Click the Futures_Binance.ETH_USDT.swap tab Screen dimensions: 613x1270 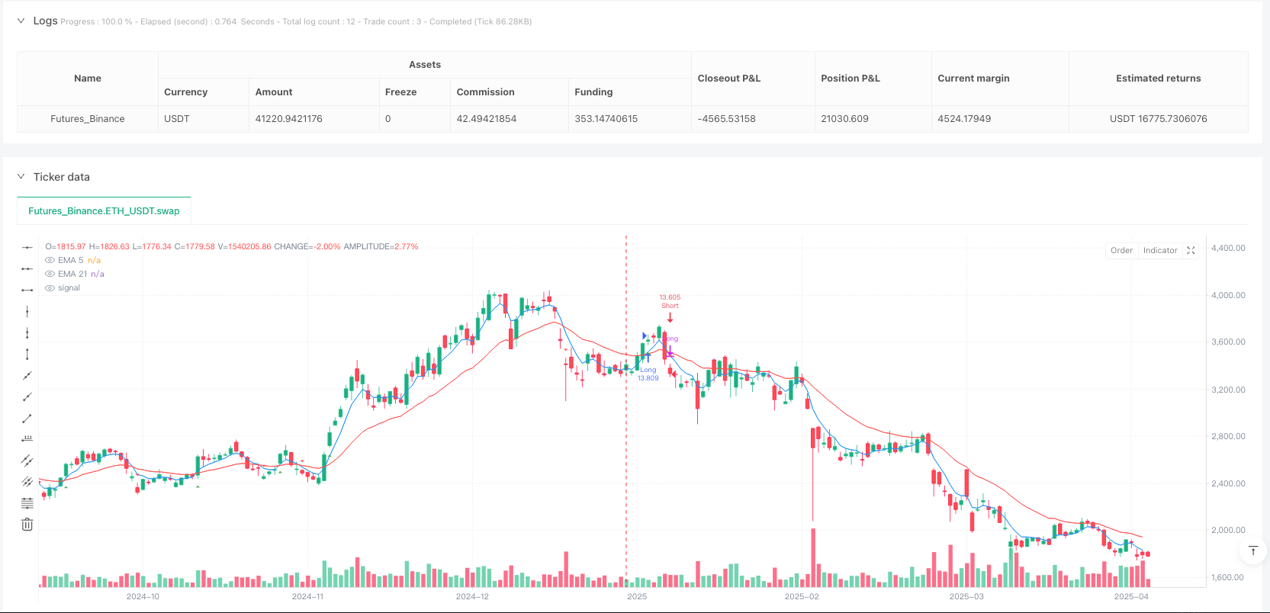pos(104,211)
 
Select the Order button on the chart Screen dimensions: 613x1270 pos(1121,251)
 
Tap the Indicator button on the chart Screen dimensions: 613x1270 pos(1159,251)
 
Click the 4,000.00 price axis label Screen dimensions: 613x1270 pos(1228,295)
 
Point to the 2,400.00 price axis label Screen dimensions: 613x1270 pos(1228,483)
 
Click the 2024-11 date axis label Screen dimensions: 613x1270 pos(307,596)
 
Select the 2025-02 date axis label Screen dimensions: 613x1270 pos(802,596)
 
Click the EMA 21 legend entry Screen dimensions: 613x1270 pos(72,274)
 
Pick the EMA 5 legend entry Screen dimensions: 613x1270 pos(70,260)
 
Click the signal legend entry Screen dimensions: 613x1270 pos(69,287)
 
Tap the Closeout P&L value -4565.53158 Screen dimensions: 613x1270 pos(726,119)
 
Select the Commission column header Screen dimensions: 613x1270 pos(485,92)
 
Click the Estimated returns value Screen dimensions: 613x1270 pos(1158,119)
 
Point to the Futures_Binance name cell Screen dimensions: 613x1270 pos(88,119)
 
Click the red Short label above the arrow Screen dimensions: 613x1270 pos(670,306)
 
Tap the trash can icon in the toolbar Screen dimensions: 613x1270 pos(27,524)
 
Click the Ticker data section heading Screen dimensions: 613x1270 pos(61,177)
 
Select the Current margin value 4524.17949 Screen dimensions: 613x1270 pos(964,119)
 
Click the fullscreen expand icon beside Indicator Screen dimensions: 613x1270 pos(1191,251)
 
